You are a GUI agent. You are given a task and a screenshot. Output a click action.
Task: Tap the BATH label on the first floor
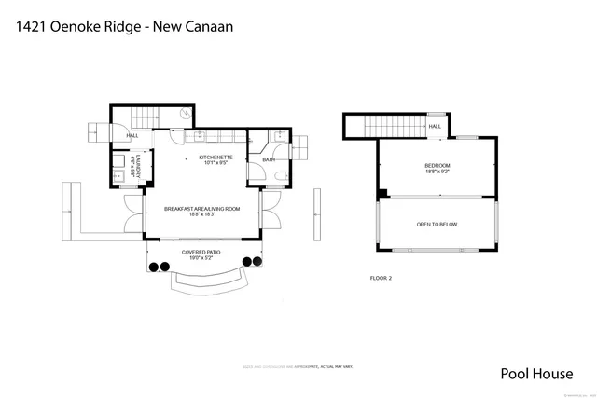(x=268, y=159)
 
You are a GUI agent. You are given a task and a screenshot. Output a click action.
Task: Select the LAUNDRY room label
(x=138, y=164)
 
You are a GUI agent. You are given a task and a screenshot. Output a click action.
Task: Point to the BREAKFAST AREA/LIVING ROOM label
(x=201, y=208)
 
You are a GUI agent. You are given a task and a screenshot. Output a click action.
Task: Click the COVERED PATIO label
(x=201, y=251)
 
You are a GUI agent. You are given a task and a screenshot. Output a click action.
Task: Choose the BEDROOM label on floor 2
(x=437, y=165)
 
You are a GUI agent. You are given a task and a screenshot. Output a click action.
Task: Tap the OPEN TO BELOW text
(x=437, y=225)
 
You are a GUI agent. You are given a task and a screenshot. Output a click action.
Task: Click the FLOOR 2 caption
(x=381, y=278)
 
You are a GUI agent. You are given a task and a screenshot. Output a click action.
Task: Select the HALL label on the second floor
(x=435, y=127)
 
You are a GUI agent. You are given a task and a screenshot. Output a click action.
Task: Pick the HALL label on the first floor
(x=132, y=135)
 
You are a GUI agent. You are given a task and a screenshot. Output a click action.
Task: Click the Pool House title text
(x=536, y=375)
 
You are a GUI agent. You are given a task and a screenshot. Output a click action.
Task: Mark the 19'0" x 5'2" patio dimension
(x=201, y=257)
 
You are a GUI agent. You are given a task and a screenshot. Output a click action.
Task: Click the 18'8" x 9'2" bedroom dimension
(x=437, y=172)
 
